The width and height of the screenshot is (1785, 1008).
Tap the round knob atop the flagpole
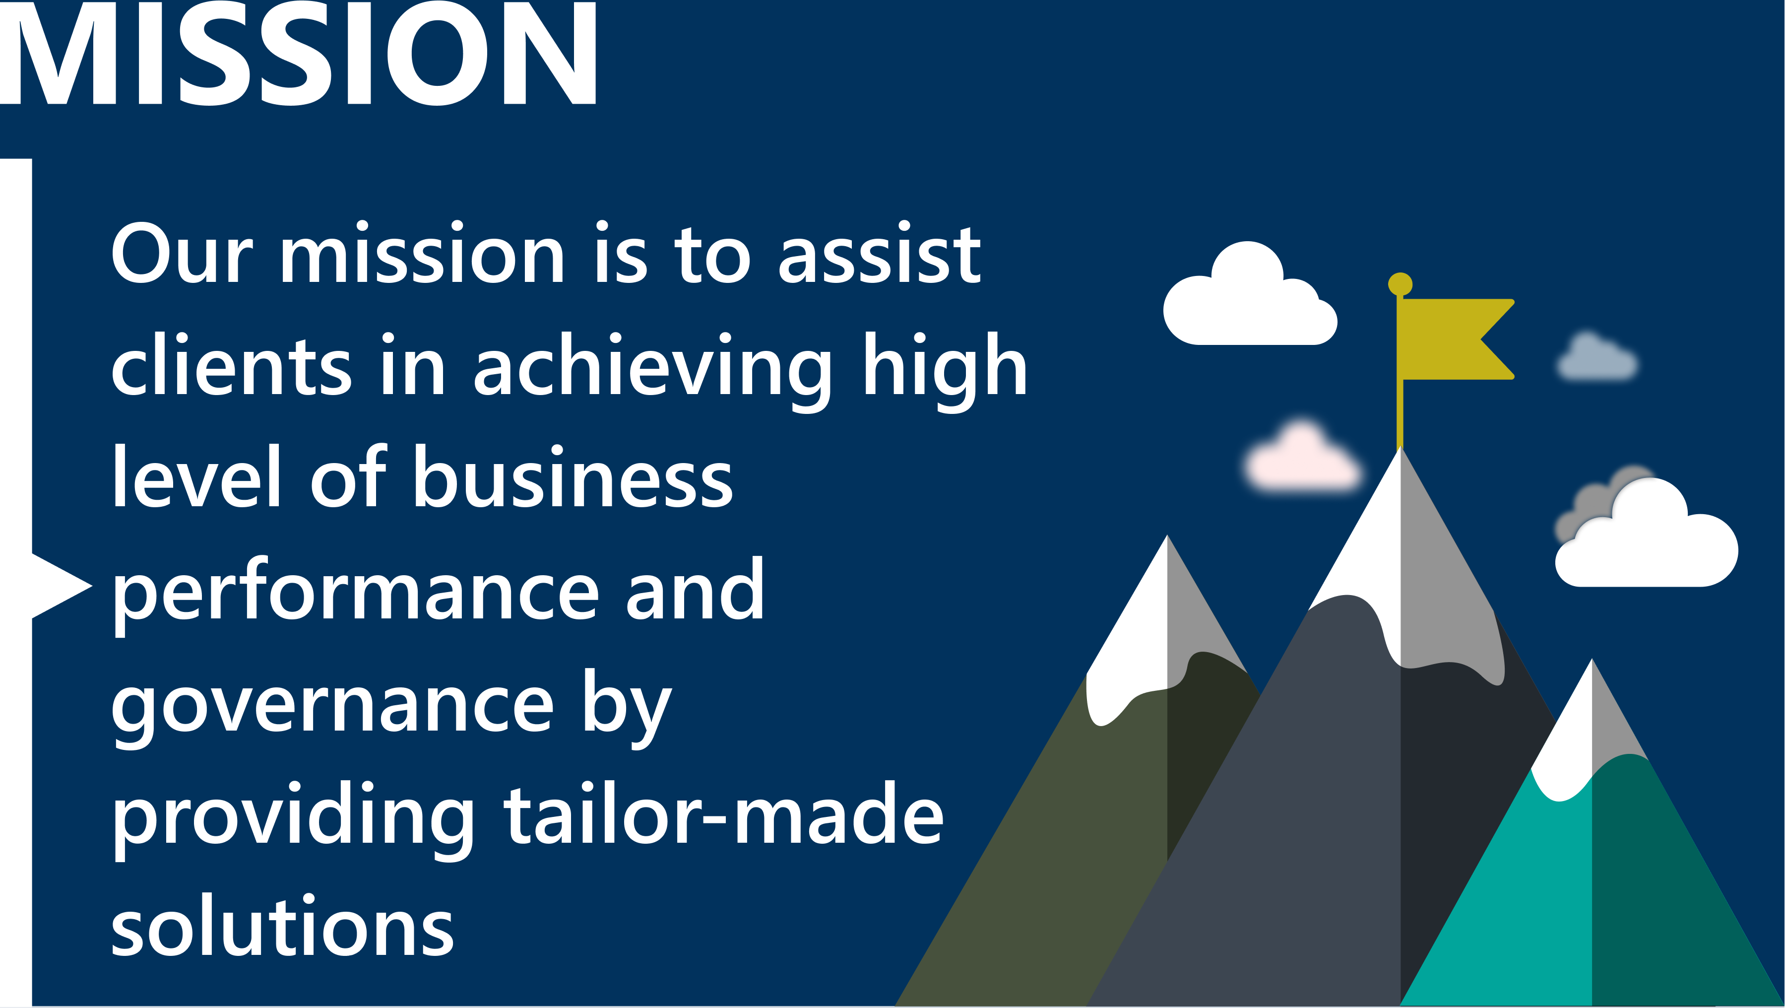(x=1400, y=283)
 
